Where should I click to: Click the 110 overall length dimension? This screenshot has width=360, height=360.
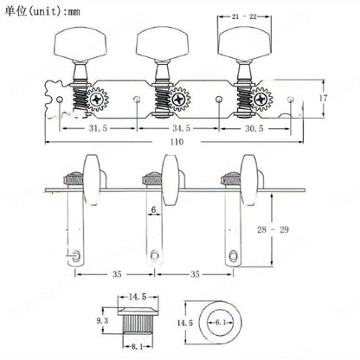click(177, 142)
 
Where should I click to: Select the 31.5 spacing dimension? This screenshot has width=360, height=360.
click(98, 128)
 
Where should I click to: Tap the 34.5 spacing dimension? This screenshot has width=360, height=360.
click(182, 128)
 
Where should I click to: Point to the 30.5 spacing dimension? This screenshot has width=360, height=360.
click(254, 128)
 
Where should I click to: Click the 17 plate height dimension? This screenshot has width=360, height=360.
click(323, 98)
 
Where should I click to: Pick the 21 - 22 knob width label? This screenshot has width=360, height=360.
click(244, 16)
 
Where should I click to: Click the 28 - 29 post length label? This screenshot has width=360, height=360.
click(273, 229)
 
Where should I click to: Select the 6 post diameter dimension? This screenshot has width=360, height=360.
click(153, 209)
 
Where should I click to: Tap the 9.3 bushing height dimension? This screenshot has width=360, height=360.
click(102, 320)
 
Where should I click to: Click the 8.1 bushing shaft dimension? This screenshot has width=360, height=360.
click(138, 346)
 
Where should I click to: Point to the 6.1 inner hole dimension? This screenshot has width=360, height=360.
click(221, 322)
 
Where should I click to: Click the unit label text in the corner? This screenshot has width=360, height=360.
click(42, 11)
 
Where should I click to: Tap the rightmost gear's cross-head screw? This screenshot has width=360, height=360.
click(261, 100)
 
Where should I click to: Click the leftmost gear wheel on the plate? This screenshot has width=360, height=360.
click(97, 100)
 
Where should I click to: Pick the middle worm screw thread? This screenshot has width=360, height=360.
click(161, 100)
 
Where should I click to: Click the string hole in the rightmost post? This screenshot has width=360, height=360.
click(233, 255)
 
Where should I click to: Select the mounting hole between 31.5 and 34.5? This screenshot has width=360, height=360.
click(138, 100)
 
